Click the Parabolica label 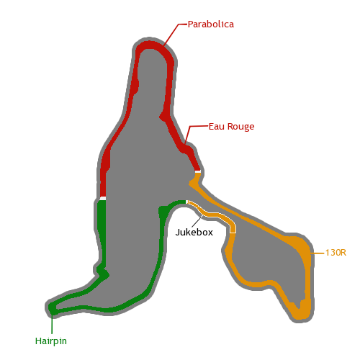click(x=210, y=24)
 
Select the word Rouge click(x=240, y=127)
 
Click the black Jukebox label click(x=194, y=232)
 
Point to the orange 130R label click(x=336, y=253)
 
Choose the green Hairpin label click(x=51, y=341)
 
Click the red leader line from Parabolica click(x=175, y=34)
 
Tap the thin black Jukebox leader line click(x=197, y=221)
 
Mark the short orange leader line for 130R click(x=318, y=253)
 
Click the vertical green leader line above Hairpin click(x=52, y=324)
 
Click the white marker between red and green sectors click(x=103, y=198)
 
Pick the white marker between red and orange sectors click(x=198, y=171)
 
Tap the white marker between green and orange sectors click(x=186, y=202)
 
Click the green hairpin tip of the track click(x=52, y=308)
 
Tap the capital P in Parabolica click(x=190, y=24)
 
